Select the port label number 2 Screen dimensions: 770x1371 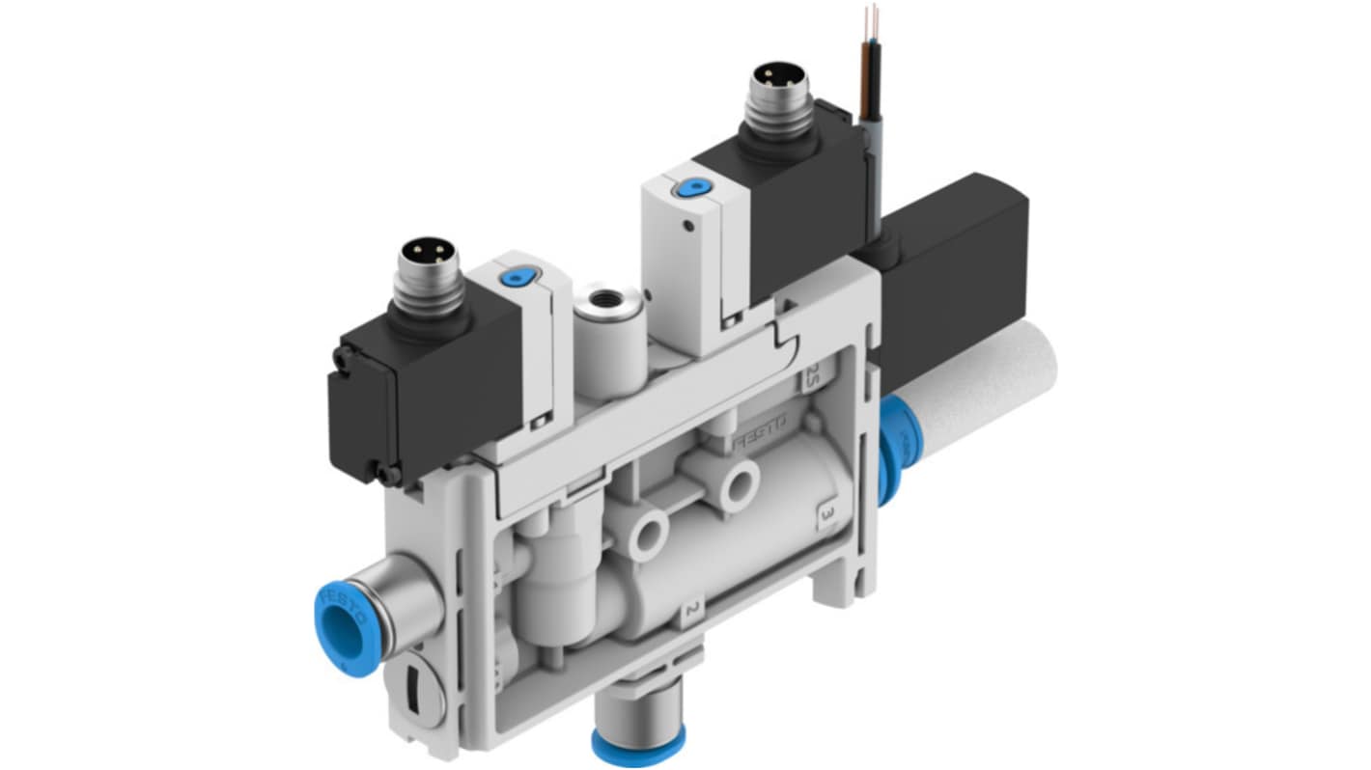coord(691,610)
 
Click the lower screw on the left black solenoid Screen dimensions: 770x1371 coord(389,475)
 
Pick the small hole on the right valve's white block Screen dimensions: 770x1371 coord(686,228)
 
